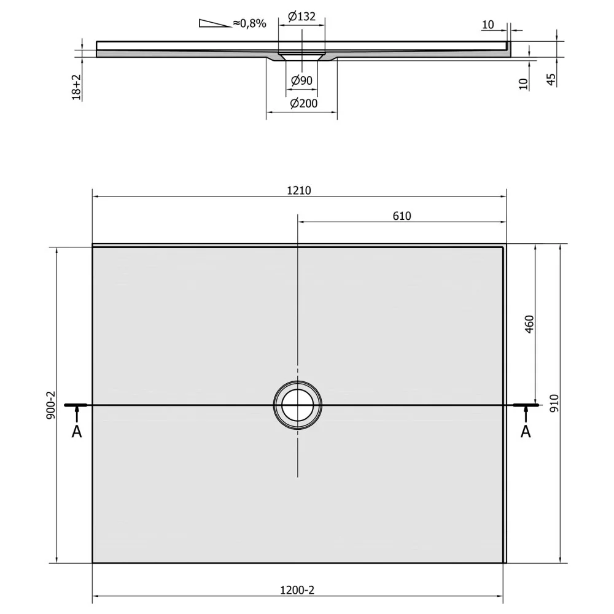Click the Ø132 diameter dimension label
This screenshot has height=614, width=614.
[x=301, y=17]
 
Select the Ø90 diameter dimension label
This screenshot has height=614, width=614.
[x=301, y=80]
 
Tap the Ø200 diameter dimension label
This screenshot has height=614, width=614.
[x=303, y=103]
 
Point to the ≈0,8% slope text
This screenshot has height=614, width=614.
[x=249, y=23]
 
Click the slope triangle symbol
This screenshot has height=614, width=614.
[x=214, y=23]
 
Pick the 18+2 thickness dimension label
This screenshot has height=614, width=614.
[x=76, y=87]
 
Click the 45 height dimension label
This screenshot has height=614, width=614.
[x=551, y=79]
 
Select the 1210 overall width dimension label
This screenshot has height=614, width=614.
[x=299, y=190]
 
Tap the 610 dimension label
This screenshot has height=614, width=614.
[x=402, y=216]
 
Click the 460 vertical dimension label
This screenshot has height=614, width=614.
[x=529, y=324]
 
